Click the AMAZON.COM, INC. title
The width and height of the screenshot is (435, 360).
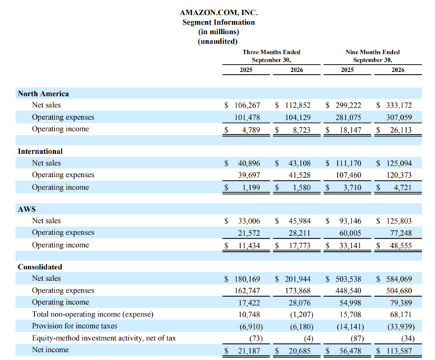tap(219, 12)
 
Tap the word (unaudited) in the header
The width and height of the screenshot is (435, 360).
tap(217, 41)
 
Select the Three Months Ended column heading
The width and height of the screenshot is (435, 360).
tap(271, 52)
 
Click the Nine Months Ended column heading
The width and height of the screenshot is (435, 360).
tap(373, 52)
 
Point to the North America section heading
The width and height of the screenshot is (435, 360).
tap(43, 94)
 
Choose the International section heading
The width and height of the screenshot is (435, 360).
tap(40, 151)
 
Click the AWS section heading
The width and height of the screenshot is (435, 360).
tap(27, 209)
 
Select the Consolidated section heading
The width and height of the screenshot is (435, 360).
tap(40, 266)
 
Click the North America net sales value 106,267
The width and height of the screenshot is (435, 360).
tap(247, 105)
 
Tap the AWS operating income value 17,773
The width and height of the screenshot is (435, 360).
tap(299, 245)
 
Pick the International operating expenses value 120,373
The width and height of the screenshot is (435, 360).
tap(399, 175)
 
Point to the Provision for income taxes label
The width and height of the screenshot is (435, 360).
tap(75, 326)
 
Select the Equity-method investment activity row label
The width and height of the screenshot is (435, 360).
tap(104, 338)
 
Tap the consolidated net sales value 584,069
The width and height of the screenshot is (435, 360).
tap(399, 279)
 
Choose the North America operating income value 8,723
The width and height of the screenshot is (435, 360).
tap(302, 130)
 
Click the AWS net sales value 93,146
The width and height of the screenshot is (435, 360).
tap(350, 221)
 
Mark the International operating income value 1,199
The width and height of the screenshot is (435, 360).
tap(251, 188)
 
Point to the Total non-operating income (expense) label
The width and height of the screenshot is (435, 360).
tap(93, 314)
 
